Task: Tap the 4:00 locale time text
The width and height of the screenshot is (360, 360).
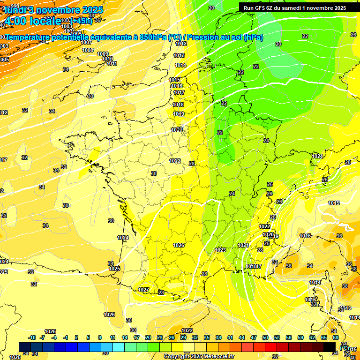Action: click(33, 22)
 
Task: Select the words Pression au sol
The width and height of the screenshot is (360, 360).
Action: click(211, 37)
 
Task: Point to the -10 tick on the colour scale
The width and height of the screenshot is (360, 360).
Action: click(32, 337)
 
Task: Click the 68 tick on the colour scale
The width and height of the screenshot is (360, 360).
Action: click(335, 337)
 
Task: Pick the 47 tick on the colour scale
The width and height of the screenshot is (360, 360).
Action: click(254, 337)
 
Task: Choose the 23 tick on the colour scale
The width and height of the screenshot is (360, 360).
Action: click(160, 337)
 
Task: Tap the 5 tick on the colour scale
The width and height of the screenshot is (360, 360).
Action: click(88, 337)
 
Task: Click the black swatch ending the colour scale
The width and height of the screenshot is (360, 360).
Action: click(330, 347)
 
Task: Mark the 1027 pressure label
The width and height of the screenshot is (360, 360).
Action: click(143, 290)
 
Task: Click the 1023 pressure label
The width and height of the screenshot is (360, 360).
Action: click(220, 250)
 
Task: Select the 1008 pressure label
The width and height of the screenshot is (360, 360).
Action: click(88, 50)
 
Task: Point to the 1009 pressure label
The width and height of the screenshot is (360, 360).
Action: click(103, 54)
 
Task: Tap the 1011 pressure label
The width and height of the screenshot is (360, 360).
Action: click(112, 63)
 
